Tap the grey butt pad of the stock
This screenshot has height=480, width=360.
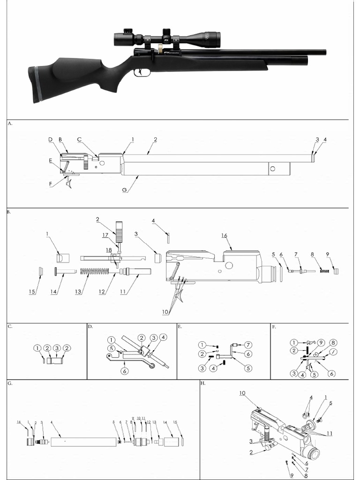coord(33,84)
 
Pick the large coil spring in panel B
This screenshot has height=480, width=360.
coord(97,271)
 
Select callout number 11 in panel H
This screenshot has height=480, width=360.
coord(330,434)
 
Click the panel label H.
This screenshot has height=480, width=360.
coord(202,383)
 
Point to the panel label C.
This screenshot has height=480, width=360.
coord(10,326)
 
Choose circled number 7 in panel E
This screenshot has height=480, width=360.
coord(248,345)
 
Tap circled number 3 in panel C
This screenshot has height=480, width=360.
coord(57,348)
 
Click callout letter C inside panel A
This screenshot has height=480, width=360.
coord(80,140)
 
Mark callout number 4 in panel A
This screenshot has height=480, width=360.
coord(324,140)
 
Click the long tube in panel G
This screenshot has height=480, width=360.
coord(82,442)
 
